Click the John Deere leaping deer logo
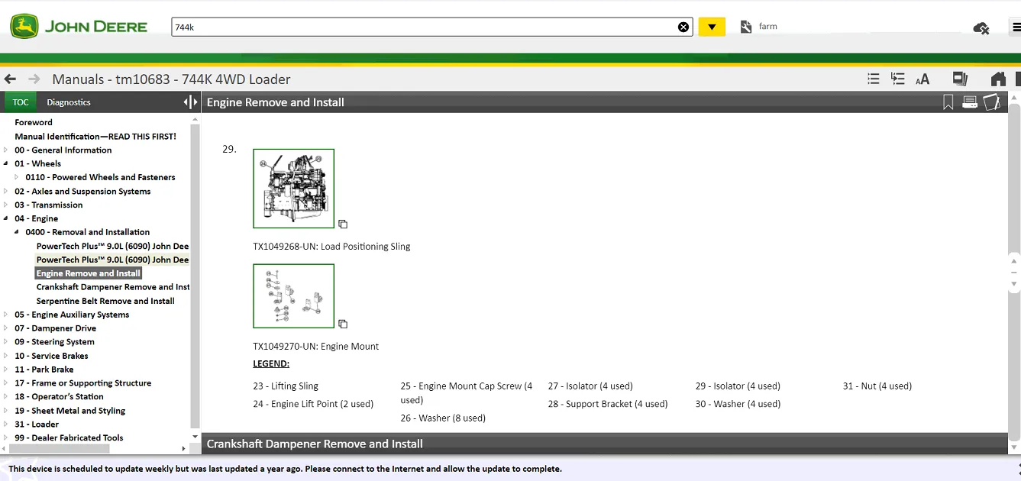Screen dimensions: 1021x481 24,27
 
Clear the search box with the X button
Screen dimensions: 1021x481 683,27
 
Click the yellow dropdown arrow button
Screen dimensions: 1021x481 712,27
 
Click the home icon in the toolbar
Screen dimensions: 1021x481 998,79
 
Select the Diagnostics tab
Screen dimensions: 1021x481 69,102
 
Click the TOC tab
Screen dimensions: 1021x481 20,102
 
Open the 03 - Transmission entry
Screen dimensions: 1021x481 48,205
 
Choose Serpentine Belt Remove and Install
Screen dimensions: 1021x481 105,301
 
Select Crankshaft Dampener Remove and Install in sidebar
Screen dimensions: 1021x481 112,287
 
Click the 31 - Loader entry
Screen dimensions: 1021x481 37,424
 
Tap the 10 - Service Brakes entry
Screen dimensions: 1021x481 51,356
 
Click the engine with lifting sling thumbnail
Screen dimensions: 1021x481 293,189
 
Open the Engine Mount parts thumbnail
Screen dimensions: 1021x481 293,296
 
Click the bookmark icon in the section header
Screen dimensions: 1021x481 948,102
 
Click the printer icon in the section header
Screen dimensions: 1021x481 970,102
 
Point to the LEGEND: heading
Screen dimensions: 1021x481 271,364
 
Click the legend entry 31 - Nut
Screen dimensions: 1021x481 877,386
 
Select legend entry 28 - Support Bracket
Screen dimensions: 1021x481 608,404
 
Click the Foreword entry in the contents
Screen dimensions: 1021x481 34,122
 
